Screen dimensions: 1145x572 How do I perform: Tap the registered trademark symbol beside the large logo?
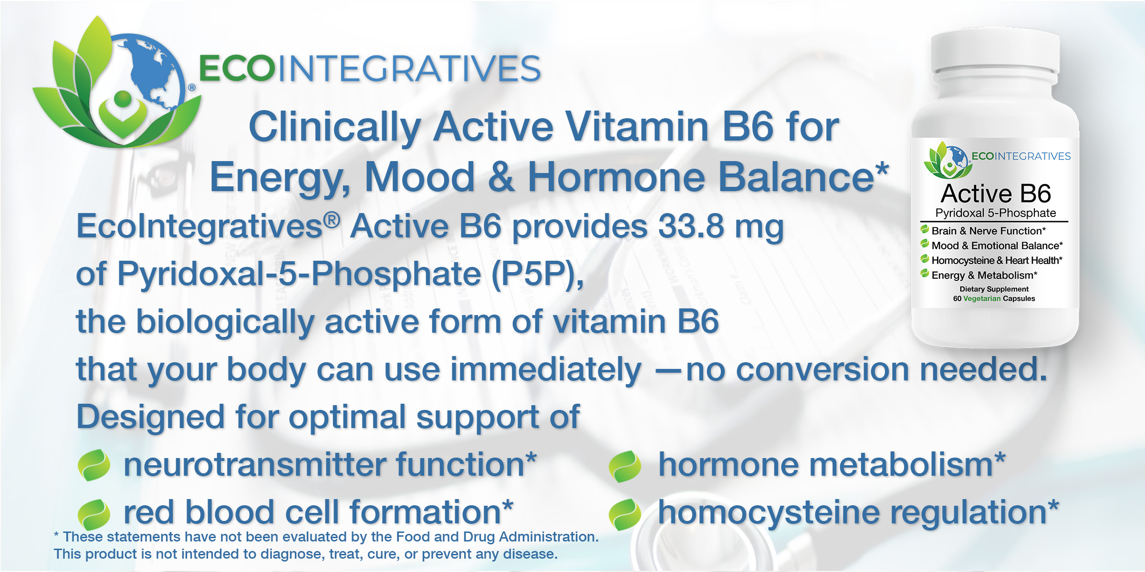(192, 88)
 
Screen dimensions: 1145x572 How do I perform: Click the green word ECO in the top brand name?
(237, 69)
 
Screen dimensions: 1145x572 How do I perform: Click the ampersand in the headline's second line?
(501, 177)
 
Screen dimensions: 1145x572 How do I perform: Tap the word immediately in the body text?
(546, 370)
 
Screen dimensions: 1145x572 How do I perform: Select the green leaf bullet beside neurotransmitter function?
(94, 465)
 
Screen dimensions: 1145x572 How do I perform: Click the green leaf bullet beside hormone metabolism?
(625, 466)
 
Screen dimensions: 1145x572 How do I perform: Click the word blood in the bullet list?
(231, 512)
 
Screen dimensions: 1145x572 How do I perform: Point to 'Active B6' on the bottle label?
(996, 194)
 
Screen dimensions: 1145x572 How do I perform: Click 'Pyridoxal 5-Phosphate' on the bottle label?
(995, 213)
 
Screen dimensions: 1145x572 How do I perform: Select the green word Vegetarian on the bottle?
(982, 299)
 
